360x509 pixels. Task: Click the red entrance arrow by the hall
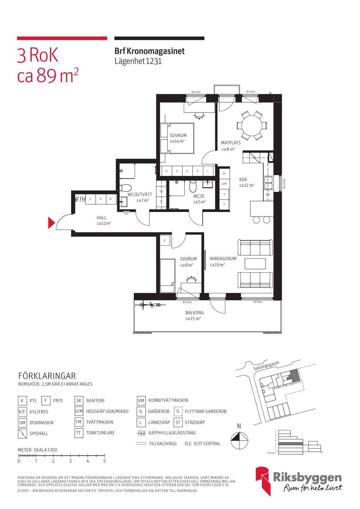tap(51, 223)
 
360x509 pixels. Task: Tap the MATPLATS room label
tap(231, 143)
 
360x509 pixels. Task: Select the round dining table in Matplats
tap(251, 126)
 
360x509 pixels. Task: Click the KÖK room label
tap(243, 180)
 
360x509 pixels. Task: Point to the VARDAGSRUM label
tap(223, 259)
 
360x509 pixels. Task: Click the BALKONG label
tap(194, 312)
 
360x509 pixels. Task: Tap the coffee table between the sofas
tap(255, 264)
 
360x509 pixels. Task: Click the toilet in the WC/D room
tap(193, 186)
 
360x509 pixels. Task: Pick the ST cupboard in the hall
tap(111, 199)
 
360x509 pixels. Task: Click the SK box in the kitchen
tap(224, 174)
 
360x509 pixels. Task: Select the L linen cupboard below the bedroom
tap(208, 171)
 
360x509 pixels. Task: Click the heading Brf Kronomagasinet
tap(149, 51)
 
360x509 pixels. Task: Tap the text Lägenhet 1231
tap(138, 61)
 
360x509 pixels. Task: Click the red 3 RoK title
tap(37, 56)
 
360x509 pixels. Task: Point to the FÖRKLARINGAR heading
tap(47, 376)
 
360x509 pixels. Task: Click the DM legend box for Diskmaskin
tap(22, 423)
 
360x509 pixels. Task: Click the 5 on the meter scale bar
tap(105, 461)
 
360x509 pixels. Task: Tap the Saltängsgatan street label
tap(266, 365)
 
